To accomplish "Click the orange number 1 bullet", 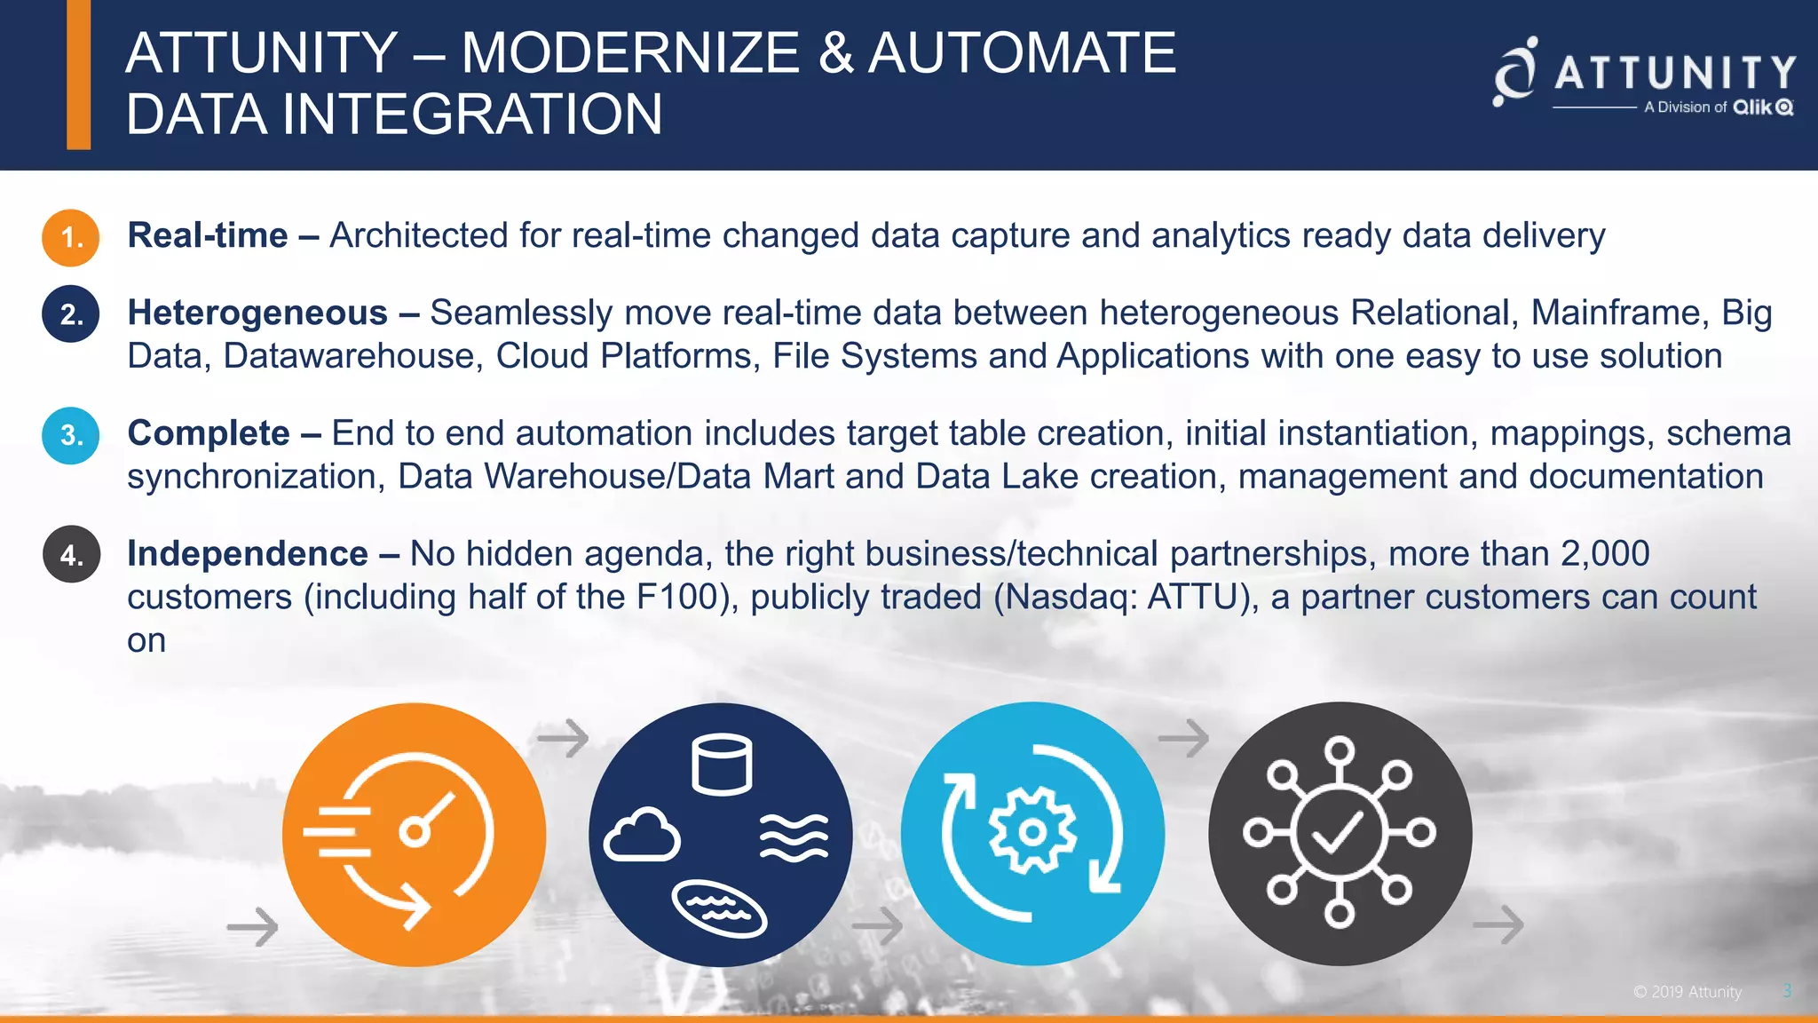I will [x=70, y=238].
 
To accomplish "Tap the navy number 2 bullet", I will [x=70, y=314].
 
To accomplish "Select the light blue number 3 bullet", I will [x=70, y=435].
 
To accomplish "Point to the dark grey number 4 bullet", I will [x=71, y=555].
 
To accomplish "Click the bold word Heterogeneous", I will [x=257, y=313].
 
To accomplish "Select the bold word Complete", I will [x=209, y=433].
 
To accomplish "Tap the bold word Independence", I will [x=248, y=553].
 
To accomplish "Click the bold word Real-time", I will [x=208, y=235].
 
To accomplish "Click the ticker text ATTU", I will [x=1192, y=597].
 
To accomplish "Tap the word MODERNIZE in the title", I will [x=630, y=52].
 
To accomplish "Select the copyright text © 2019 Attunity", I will [x=1688, y=992].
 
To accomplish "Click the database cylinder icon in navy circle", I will [x=722, y=764].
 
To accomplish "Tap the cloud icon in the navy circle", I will [x=642, y=836].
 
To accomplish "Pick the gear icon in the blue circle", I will [x=1032, y=832].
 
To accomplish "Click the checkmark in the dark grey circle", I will [x=1338, y=833].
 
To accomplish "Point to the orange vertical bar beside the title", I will [x=79, y=75].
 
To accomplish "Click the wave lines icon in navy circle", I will [x=794, y=837].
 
